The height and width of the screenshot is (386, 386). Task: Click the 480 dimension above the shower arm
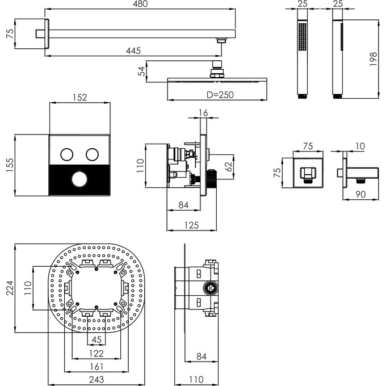140,4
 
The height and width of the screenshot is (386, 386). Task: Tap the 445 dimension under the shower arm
133,51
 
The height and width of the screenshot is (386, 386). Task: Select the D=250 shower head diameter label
220,95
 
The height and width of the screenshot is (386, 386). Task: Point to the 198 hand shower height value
373,59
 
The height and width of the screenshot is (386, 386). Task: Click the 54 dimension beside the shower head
141,71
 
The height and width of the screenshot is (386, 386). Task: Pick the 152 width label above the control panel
80,98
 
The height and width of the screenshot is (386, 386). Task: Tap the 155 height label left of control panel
10,165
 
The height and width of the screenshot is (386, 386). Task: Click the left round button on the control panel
67,154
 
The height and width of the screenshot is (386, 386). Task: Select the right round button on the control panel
93,154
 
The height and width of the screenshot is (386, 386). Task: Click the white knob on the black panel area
79,179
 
